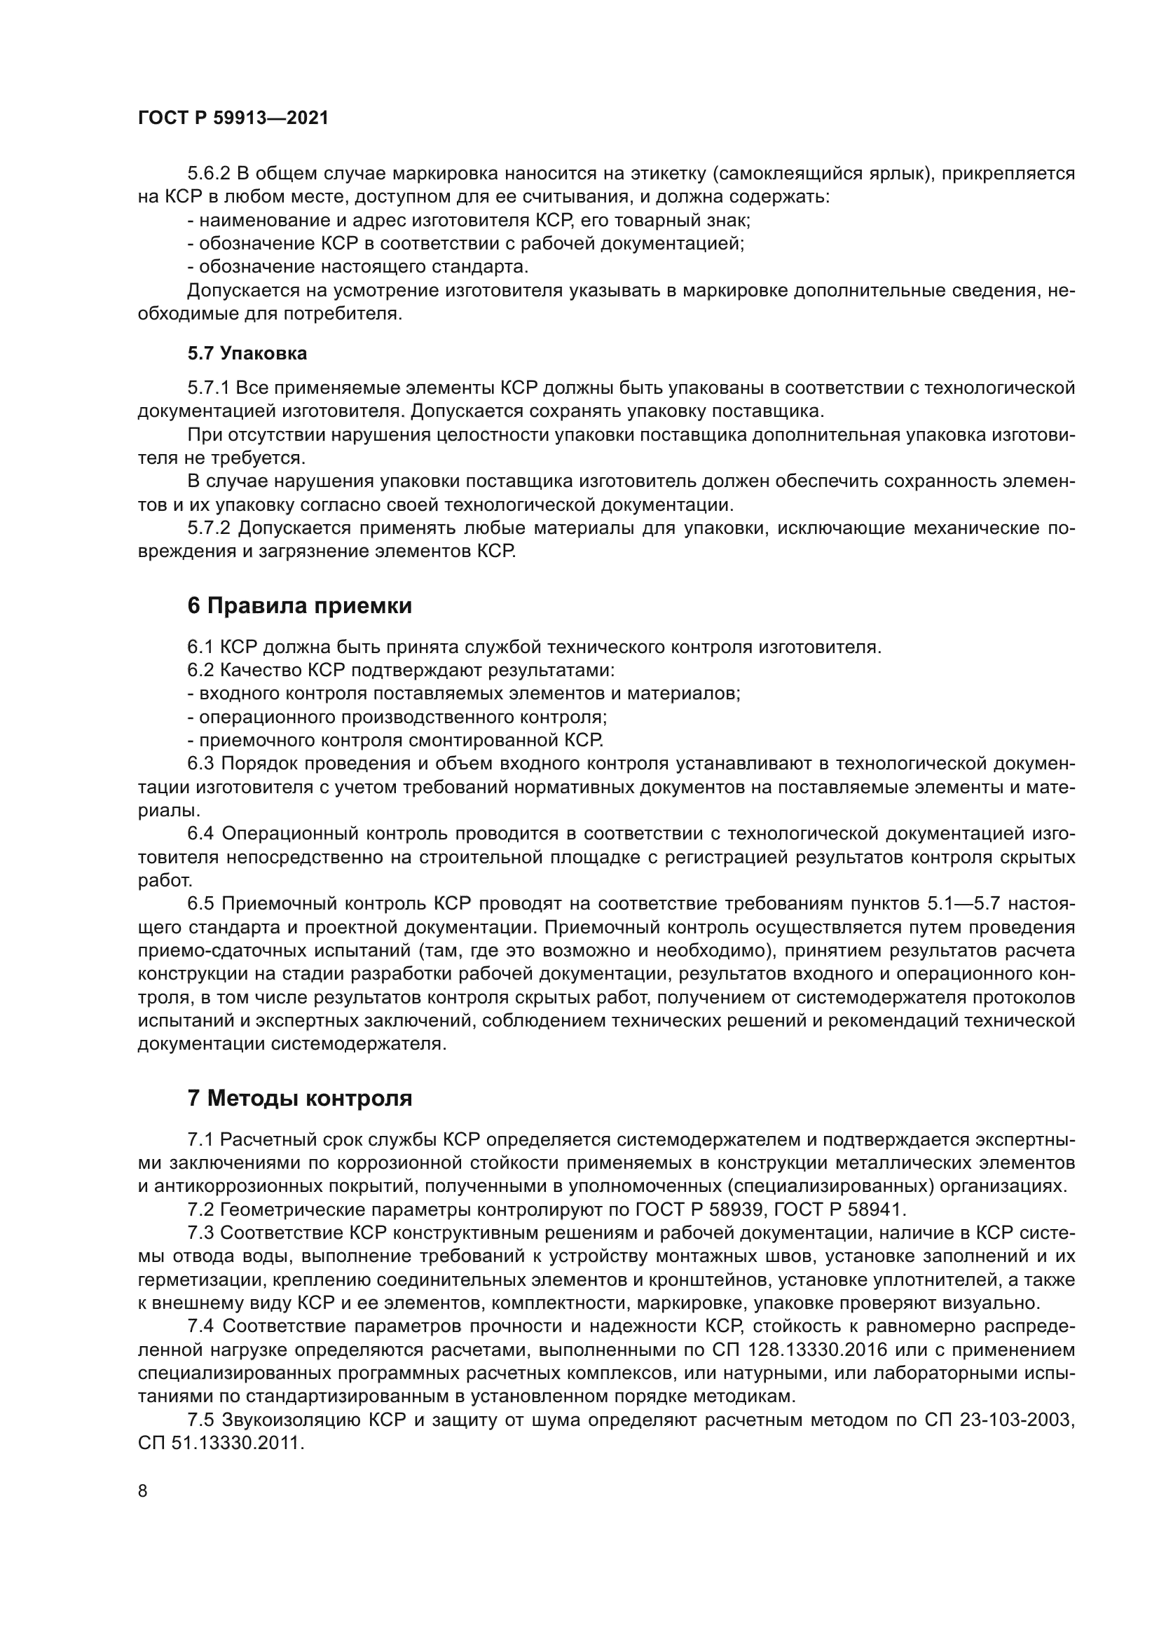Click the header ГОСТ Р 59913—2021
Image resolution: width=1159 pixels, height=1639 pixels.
coord(233,118)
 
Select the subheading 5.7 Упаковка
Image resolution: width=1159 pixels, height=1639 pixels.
coord(247,353)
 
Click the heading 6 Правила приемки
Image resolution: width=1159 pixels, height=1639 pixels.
coord(300,606)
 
